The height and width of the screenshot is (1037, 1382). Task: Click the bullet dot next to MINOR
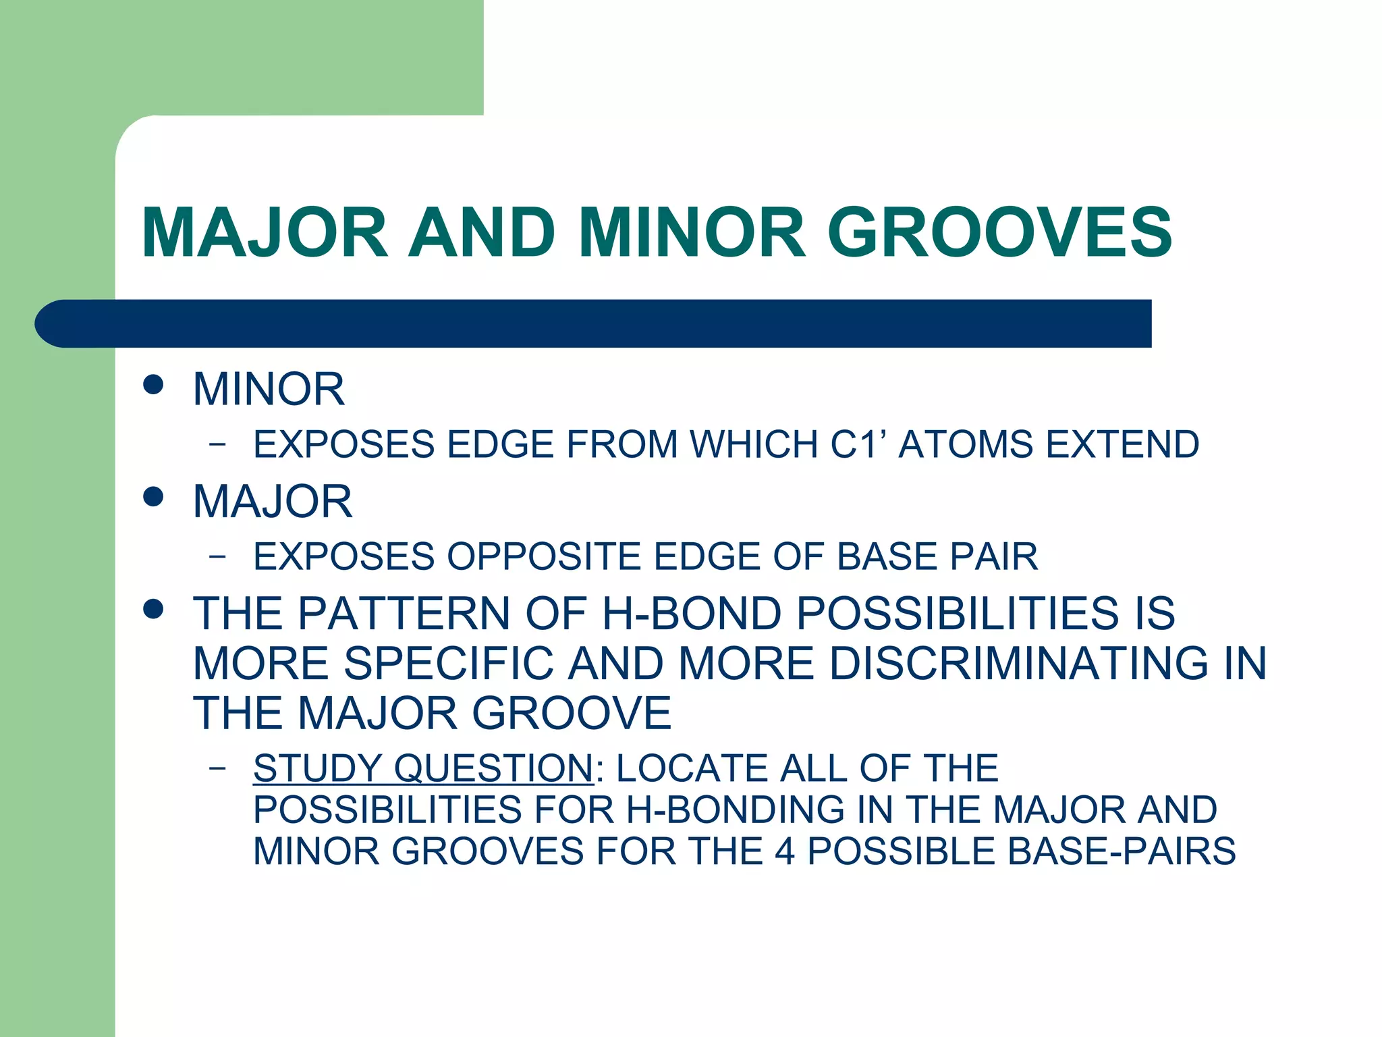pyautogui.click(x=154, y=385)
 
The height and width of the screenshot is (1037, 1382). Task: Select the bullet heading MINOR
pyautogui.click(x=269, y=390)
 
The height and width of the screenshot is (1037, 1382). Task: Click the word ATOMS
pyautogui.click(x=966, y=444)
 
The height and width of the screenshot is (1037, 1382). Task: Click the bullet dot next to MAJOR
pyautogui.click(x=154, y=497)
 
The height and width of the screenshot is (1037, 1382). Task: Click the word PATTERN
pyautogui.click(x=404, y=613)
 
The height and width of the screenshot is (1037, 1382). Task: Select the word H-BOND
pyautogui.click(x=691, y=613)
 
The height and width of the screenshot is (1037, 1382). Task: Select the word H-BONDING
pyautogui.click(x=735, y=809)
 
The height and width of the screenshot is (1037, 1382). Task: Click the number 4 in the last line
pyautogui.click(x=784, y=851)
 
